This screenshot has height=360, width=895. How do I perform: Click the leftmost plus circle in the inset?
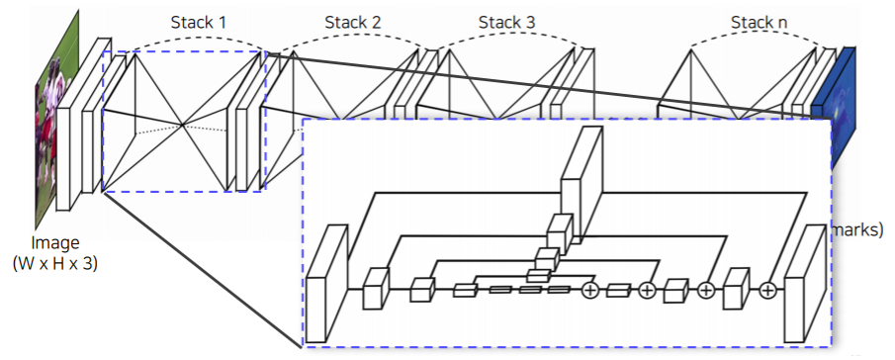(x=590, y=290)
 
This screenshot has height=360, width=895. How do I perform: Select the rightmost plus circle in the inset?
(x=767, y=290)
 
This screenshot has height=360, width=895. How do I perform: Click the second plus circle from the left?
(x=647, y=290)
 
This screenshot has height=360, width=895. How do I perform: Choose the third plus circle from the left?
(x=706, y=290)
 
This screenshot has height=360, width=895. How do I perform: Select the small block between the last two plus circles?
(x=736, y=288)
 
